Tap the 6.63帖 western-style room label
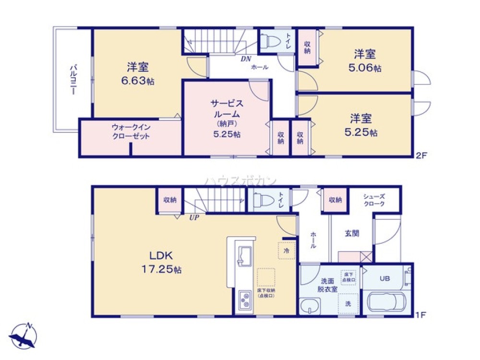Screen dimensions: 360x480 pyautogui.click(x=137, y=73)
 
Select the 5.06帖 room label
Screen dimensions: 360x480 pyautogui.click(x=365, y=61)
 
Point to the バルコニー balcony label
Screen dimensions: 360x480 pyautogui.click(x=73, y=80)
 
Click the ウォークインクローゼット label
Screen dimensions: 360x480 pyautogui.click(x=130, y=132)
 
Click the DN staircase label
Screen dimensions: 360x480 pyautogui.click(x=246, y=59)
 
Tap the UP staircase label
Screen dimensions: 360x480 pyautogui.click(x=194, y=217)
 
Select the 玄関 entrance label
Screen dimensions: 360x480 pyautogui.click(x=352, y=233)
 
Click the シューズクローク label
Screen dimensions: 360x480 pyautogui.click(x=374, y=200)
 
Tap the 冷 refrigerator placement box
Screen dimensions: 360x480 pyautogui.click(x=286, y=251)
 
